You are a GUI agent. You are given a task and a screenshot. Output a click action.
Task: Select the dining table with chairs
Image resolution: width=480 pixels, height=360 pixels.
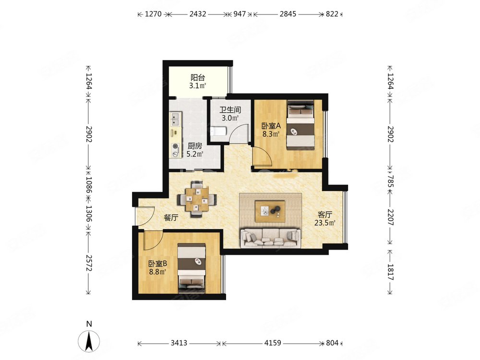(197, 199)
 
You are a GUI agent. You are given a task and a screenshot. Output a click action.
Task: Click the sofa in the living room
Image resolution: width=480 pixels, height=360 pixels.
(270, 237)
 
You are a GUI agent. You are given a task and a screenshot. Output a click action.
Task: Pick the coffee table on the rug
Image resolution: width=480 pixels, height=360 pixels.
(270, 211)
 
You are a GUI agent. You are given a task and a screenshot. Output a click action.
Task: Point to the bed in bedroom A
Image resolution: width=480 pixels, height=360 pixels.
(300, 125)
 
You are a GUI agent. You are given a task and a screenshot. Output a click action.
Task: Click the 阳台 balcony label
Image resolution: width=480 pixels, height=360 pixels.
(197, 77)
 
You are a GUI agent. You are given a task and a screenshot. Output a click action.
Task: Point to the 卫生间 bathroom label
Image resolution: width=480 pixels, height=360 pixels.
(230, 109)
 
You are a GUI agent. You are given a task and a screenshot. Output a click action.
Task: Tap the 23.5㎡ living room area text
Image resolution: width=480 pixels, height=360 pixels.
(325, 223)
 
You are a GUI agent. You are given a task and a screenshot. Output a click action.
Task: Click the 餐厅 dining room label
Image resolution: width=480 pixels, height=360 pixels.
(171, 217)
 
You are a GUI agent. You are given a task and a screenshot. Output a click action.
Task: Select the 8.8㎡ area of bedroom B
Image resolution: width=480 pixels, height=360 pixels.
(157, 272)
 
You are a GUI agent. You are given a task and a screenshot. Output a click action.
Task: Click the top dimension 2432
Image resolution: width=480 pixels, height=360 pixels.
(198, 14)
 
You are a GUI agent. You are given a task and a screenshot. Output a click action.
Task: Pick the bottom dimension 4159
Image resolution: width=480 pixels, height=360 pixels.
(273, 343)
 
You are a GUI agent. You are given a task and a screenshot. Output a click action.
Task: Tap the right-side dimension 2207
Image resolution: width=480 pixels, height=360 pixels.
(390, 217)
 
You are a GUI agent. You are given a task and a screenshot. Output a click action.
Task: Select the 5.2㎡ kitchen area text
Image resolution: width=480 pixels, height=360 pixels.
(195, 154)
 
